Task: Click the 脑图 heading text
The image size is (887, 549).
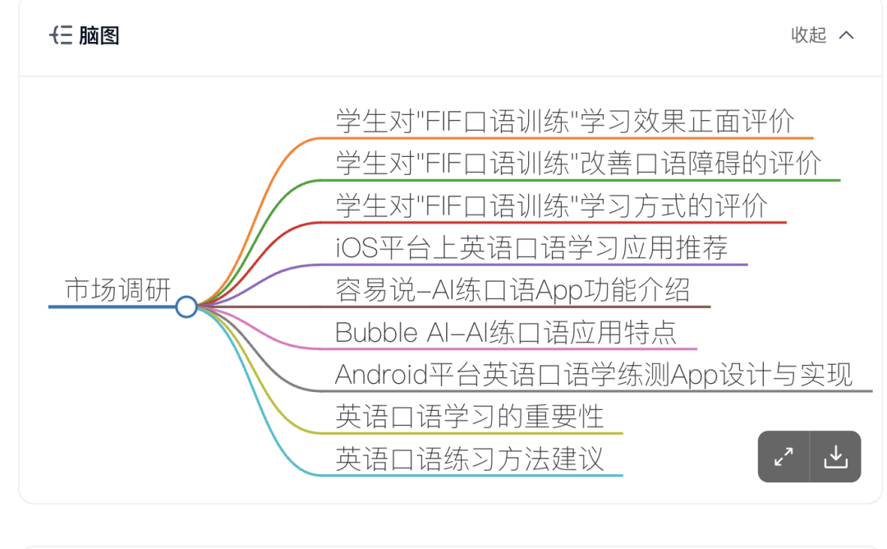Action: [99, 35]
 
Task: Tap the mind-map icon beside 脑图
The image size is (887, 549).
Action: [62, 35]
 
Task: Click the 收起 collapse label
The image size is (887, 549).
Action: [808, 35]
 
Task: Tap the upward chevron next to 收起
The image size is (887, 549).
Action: [846, 35]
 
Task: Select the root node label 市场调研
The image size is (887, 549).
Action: [117, 290]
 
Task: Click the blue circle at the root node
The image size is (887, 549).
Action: [186, 307]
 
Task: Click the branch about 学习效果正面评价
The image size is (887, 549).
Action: [565, 121]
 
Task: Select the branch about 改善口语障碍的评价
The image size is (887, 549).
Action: [578, 163]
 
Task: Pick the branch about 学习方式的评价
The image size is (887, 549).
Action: [551, 205]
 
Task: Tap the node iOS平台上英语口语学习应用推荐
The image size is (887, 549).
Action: [531, 247]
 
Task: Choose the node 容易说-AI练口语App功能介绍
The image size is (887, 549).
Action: [512, 290]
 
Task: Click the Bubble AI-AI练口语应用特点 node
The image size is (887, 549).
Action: [506, 333]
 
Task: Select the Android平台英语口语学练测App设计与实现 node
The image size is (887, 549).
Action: [594, 375]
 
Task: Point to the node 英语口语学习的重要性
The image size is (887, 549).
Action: [469, 417]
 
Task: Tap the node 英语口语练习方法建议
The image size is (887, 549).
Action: [469, 459]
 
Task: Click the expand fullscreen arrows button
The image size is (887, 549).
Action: [784, 456]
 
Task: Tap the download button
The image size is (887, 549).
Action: [835, 456]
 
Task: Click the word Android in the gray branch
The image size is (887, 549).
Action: [383, 375]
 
